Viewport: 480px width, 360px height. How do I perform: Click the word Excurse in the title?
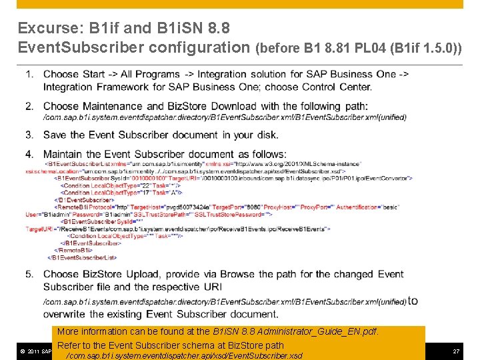point(47,29)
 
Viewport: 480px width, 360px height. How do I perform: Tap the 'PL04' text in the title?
point(370,48)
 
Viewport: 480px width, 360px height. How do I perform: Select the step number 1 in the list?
point(29,74)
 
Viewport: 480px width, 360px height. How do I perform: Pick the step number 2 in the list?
point(29,106)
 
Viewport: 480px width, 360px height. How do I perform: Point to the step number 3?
point(29,135)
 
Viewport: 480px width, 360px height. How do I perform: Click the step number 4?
point(29,154)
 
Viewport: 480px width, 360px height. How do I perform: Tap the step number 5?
point(29,274)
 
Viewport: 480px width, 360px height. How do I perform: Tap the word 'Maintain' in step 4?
point(65,154)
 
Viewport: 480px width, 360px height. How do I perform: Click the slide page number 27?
point(456,351)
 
